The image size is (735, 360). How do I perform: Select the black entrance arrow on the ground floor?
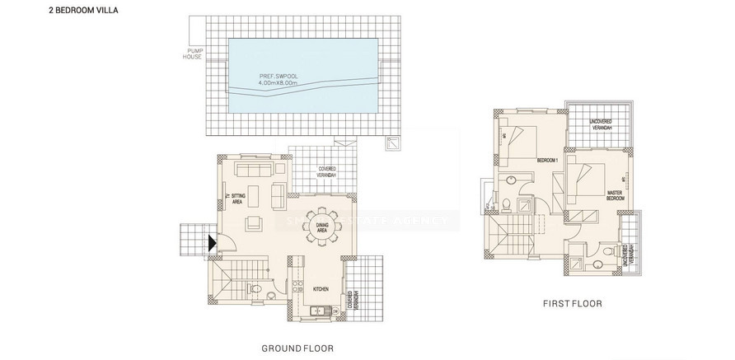[x=212, y=241]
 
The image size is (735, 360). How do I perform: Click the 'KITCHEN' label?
[x=321, y=289]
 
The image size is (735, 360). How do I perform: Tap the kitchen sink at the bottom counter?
[x=316, y=311]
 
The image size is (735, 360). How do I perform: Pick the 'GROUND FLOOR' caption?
[x=297, y=348]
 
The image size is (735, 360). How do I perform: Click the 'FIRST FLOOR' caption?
[x=571, y=303]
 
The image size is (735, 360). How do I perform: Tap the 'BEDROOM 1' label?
[x=547, y=159]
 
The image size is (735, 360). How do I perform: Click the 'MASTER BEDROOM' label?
[x=614, y=196]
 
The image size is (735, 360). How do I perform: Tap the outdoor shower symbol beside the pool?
[x=390, y=143]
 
